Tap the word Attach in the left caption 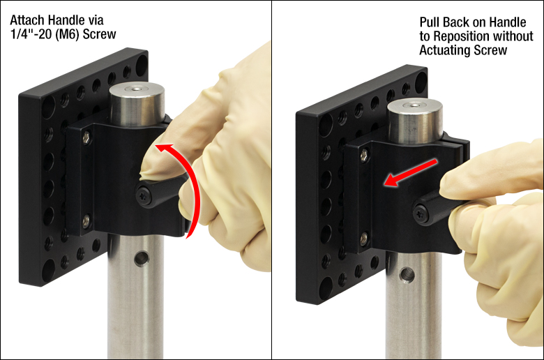[x=28, y=20]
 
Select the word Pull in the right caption [x=430, y=22]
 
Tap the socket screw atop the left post [x=135, y=89]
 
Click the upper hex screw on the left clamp [x=86, y=138]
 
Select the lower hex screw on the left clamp [x=86, y=220]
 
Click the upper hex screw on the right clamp [x=364, y=155]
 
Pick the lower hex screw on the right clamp [x=363, y=238]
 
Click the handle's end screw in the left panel [x=144, y=197]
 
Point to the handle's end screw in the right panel [x=421, y=212]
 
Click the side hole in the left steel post [x=141, y=259]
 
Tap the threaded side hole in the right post [x=407, y=275]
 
